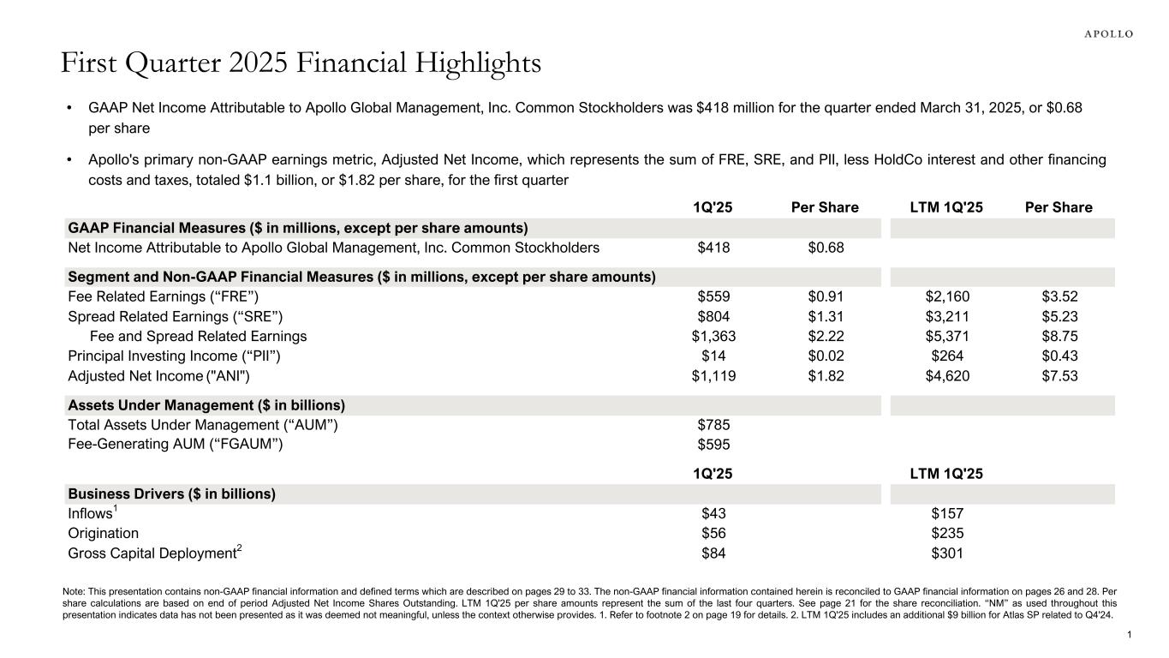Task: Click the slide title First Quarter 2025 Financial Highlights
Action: coord(301,63)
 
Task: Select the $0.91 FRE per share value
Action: coord(826,297)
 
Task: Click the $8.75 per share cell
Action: coord(1059,336)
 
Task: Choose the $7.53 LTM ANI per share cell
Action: coord(1059,375)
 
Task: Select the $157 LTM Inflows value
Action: coord(947,514)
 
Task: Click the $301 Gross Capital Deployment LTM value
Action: coord(947,553)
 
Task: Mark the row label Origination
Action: coord(103,533)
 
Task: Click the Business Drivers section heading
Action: coord(171,494)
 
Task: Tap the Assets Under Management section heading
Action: coord(206,405)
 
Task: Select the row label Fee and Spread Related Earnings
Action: coord(198,336)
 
